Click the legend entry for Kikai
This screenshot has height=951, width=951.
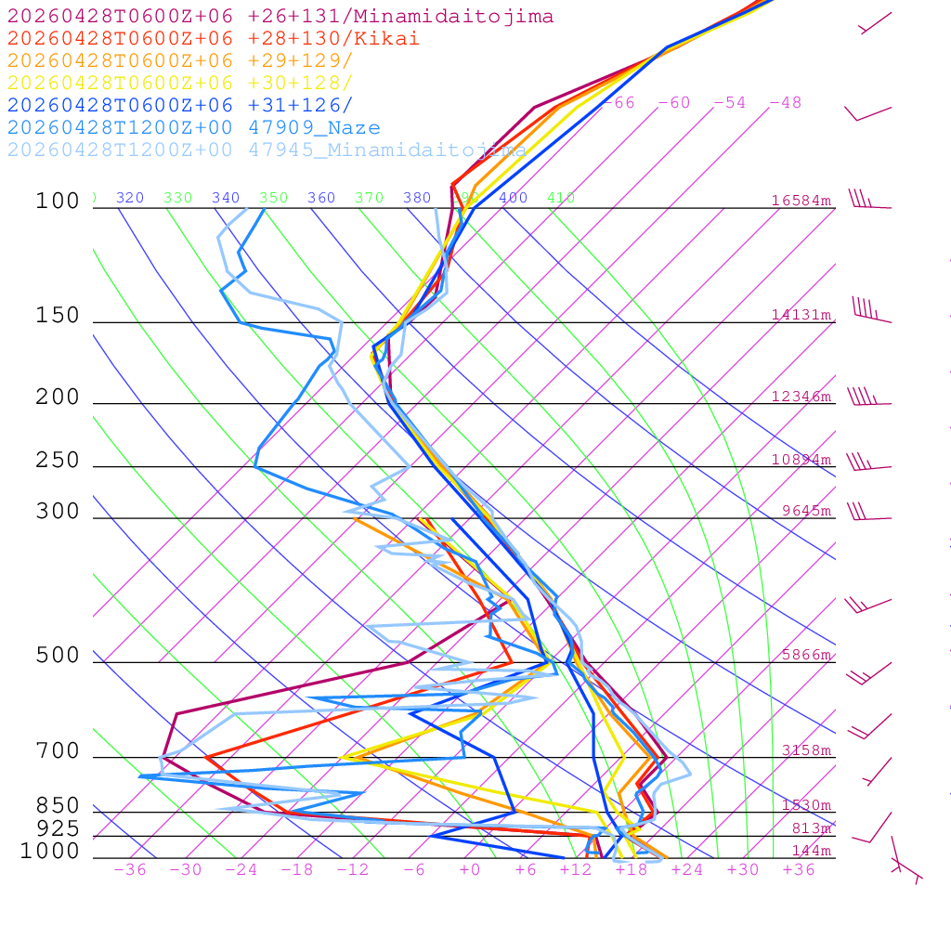(214, 39)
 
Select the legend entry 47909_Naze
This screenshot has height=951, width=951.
(193, 128)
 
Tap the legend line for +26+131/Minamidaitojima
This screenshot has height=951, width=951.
(280, 17)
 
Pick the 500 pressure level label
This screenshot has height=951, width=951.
(58, 656)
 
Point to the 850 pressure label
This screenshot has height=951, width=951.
(58, 806)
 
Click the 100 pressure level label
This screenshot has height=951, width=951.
(58, 202)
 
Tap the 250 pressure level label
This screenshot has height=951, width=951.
(58, 461)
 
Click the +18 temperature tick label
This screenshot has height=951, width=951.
(631, 869)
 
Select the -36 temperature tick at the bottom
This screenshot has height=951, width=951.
(129, 869)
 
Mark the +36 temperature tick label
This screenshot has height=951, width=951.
(798, 869)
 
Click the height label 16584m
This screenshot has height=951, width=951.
(801, 201)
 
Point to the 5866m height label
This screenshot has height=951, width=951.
(805, 655)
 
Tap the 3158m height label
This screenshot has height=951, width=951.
(805, 750)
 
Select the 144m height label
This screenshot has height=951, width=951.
(811, 851)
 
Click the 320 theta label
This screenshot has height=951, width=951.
(130, 198)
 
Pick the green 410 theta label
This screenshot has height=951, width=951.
(561, 198)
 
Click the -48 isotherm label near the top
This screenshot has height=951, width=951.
(785, 102)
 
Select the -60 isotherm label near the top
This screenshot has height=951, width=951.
(673, 102)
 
